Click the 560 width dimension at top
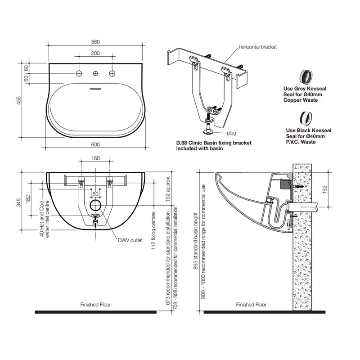point(95,42)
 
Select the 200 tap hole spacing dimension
point(95,53)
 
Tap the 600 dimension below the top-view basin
point(95,144)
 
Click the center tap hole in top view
point(95,73)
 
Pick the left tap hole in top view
point(79,73)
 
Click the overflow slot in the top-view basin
point(95,89)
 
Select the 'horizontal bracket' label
point(258,47)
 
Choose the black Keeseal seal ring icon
point(307,118)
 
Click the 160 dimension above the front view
point(95,158)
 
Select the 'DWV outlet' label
point(130,240)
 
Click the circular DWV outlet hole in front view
point(95,206)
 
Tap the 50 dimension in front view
point(95,194)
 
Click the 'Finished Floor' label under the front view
point(95,305)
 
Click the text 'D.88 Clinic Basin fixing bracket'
point(214,143)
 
